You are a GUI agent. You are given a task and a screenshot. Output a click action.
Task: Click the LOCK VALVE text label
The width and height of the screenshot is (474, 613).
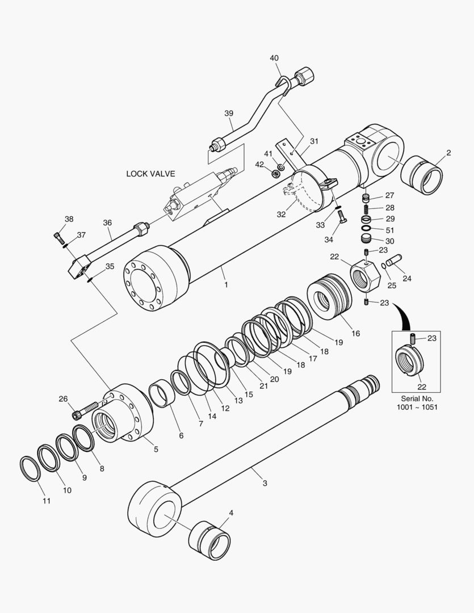pyautogui.click(x=150, y=174)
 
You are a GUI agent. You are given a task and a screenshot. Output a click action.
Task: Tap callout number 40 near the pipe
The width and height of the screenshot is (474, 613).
pyautogui.click(x=274, y=58)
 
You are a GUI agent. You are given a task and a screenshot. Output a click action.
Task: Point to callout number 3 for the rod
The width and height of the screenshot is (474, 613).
pyautogui.click(x=265, y=483)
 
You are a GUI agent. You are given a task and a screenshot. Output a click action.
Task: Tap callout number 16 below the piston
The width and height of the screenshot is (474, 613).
pyautogui.click(x=355, y=333)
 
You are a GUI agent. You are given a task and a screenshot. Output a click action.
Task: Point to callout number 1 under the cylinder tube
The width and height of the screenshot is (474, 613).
pyautogui.click(x=226, y=284)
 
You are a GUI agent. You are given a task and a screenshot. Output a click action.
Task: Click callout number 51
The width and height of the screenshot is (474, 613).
pyautogui.click(x=389, y=230)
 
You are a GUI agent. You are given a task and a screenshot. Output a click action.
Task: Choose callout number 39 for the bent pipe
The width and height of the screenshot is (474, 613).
pyautogui.click(x=228, y=113)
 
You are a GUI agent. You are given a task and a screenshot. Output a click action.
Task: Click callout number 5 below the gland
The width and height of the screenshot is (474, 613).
pyautogui.click(x=156, y=449)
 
